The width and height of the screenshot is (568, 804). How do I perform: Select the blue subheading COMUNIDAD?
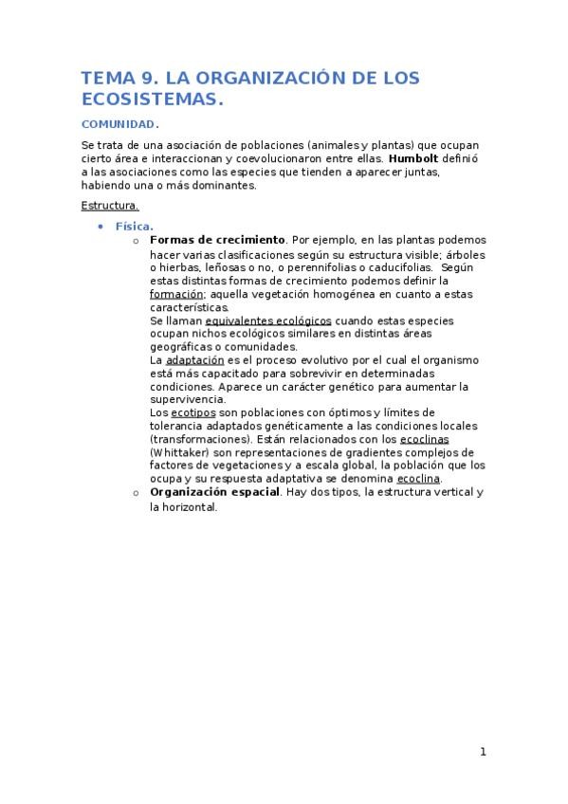point(118,125)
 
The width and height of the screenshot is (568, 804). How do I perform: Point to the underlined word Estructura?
point(110,205)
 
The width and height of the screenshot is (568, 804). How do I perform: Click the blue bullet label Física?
point(134,227)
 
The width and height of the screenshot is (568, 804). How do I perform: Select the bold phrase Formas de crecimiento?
point(217,240)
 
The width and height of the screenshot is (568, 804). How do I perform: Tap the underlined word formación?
point(177,294)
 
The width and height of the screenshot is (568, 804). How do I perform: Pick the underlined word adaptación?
point(194,360)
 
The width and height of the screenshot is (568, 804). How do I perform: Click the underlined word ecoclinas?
point(424,439)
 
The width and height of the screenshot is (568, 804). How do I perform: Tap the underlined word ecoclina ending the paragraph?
point(418,479)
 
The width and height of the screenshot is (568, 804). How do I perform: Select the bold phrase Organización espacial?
point(214,493)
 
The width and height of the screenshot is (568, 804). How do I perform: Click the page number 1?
point(483,752)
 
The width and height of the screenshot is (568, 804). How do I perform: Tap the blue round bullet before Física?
point(101,228)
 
